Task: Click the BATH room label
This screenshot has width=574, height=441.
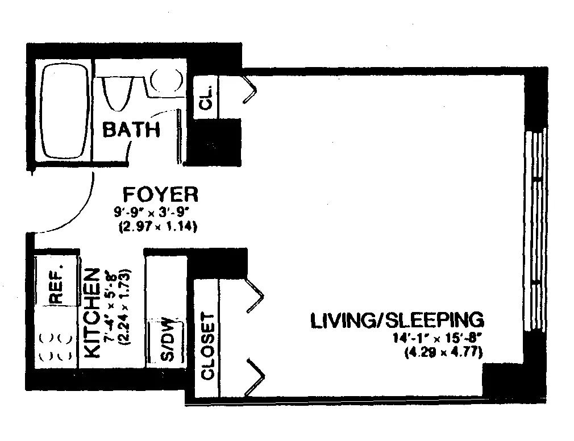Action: tap(131, 130)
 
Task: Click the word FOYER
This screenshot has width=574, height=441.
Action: tap(161, 194)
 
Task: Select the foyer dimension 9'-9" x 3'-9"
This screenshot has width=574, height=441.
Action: tap(155, 215)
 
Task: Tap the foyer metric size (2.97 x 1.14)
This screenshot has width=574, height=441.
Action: tap(157, 227)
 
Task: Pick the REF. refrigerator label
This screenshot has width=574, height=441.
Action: tap(56, 284)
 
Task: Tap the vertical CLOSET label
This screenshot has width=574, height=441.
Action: tap(207, 346)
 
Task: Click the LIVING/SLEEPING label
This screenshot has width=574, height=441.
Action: tap(397, 320)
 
